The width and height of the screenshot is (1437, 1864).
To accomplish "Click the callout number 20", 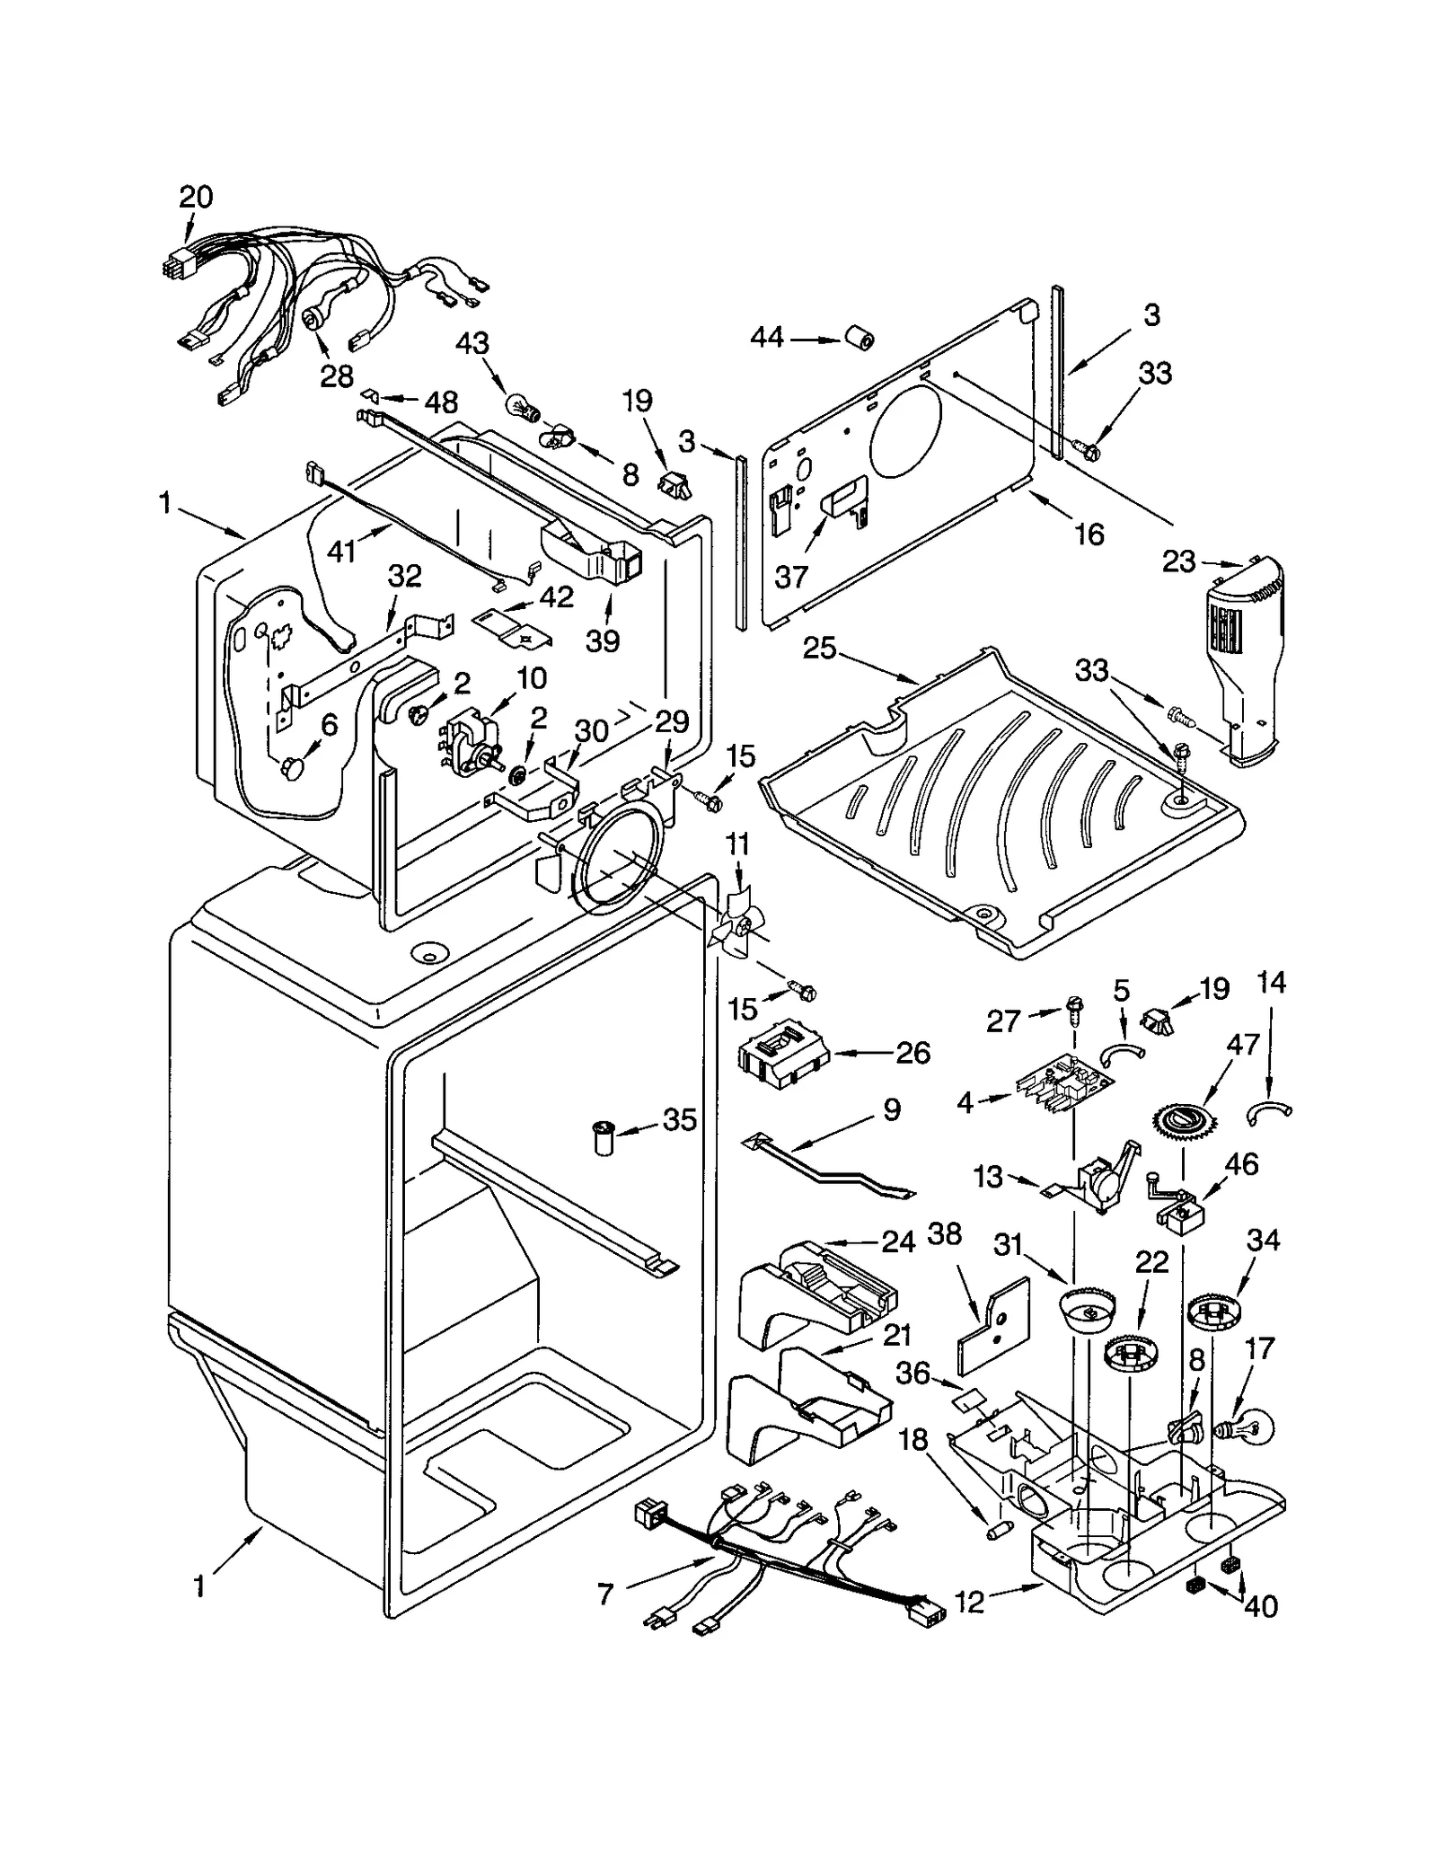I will pos(196,197).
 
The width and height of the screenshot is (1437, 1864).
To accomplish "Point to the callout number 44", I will pos(767,338).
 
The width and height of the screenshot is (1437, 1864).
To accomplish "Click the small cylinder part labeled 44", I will pos(858,340).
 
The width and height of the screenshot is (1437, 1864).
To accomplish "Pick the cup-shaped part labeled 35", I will pos(604,1137).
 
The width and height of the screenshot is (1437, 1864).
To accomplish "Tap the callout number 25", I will pos(819,649).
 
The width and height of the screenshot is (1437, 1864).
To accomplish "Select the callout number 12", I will pos(970,1601).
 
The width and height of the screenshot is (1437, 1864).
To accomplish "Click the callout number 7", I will pos(605,1595).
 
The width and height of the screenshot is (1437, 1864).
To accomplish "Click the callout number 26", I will pos(912,1052).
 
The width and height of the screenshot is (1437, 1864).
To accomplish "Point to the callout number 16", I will pos(1089,534).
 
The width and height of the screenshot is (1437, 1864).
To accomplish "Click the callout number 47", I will pos(1243,1044).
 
